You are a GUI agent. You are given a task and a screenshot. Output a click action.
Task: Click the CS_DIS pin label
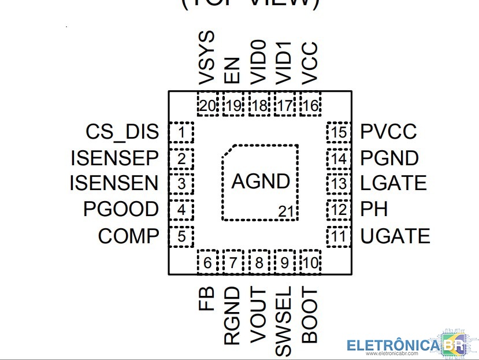122,132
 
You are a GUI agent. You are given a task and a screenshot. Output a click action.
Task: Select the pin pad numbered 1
181,133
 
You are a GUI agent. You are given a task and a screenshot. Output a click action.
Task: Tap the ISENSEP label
114,158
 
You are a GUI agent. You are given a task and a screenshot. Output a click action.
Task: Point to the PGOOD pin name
121,209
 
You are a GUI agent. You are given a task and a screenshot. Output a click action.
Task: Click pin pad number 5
181,236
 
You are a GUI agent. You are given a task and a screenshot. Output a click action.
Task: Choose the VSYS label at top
207,58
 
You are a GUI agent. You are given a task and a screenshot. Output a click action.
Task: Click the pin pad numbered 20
207,106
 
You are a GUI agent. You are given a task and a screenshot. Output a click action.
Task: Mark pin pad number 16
310,106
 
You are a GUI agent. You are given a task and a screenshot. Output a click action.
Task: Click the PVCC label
388,132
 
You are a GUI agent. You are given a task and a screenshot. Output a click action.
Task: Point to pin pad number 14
339,158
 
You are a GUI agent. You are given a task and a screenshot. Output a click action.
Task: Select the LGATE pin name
393,184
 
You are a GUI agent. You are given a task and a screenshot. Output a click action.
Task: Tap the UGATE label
395,236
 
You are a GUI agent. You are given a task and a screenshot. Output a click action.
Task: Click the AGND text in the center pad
261,181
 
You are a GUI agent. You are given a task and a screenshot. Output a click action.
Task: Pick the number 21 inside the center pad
286,212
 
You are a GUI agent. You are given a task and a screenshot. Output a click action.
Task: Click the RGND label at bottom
232,316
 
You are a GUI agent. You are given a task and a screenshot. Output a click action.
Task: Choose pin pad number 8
259,263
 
